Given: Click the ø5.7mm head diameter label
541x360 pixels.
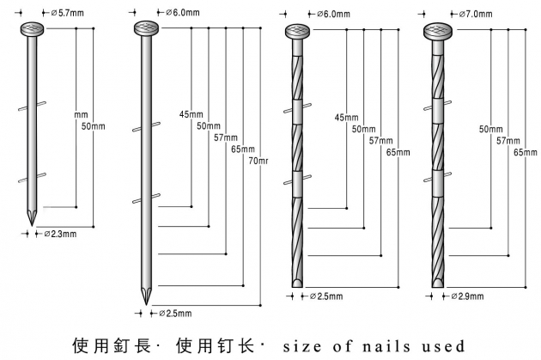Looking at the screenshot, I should pos(67,13).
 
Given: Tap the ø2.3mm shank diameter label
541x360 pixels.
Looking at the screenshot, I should pos(63,234).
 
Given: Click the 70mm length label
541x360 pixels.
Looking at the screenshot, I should pos(258,161).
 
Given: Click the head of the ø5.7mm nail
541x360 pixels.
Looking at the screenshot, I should pos(32,31).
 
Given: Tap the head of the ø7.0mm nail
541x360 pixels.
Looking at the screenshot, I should pos(439,32).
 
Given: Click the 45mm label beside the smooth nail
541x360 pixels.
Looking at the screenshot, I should pos(190,115).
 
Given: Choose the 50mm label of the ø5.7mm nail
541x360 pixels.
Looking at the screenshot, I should pos(93,126).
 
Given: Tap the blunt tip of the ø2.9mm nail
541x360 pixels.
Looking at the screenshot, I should pos(439,284).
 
